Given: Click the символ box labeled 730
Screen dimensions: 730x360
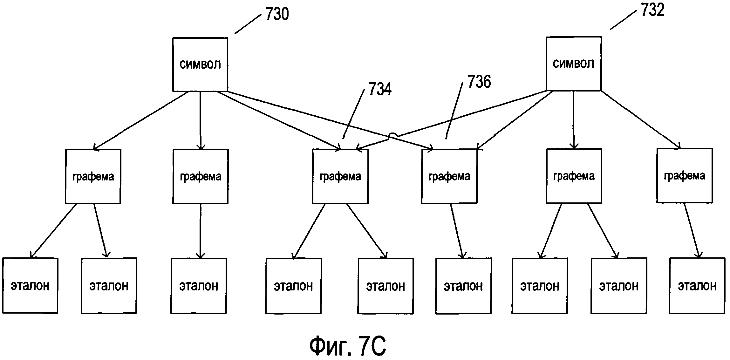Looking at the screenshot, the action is (x=200, y=65).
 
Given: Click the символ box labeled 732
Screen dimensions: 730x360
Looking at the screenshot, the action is (x=573, y=64).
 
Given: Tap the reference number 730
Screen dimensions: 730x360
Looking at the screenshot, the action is (x=277, y=14).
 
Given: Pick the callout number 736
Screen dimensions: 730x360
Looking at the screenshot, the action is (x=479, y=81).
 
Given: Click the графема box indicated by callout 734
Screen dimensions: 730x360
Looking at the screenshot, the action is (x=340, y=176).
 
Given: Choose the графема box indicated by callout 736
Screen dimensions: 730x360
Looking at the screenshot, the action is (x=449, y=176).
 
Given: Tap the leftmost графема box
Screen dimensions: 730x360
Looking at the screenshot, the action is (x=93, y=176).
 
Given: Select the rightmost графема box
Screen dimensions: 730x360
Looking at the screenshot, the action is (x=684, y=175).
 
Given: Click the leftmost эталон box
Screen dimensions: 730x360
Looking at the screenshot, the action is (x=30, y=286).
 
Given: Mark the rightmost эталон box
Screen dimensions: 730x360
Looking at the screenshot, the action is (x=697, y=286).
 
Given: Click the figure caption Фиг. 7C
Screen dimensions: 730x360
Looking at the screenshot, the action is (x=348, y=346).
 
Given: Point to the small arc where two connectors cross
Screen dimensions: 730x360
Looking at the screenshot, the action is (x=393, y=136).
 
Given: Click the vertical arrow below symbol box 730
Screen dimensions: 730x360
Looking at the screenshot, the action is (x=200, y=121).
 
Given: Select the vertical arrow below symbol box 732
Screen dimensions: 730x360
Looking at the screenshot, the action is (x=574, y=120).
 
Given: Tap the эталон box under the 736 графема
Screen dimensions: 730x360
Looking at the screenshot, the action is (x=463, y=286).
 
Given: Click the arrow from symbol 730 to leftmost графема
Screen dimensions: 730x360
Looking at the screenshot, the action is (x=140, y=121).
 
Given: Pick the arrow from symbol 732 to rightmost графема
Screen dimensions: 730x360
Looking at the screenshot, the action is (x=640, y=120).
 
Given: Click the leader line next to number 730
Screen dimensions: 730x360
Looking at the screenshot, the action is (x=248, y=24).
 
